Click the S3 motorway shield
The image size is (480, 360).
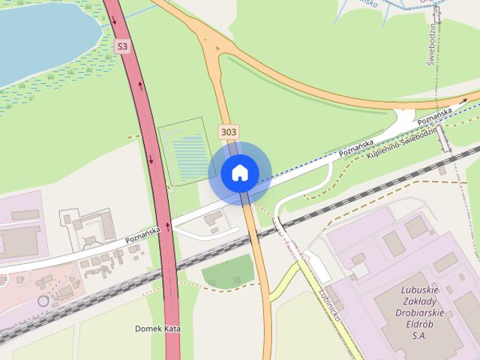pyautogui.click(x=122, y=46)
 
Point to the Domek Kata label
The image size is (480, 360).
pyautogui.click(x=158, y=328)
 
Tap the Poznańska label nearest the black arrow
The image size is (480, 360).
pyautogui.click(x=436, y=115)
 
